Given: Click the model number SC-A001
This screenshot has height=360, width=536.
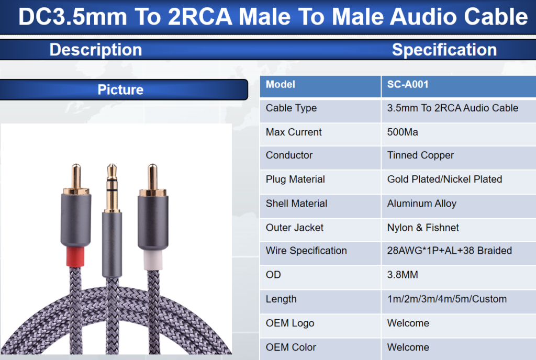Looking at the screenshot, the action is [407, 84].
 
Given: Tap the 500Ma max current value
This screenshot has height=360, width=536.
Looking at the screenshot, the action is [403, 132].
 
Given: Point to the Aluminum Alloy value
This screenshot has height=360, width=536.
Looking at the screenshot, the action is [422, 204].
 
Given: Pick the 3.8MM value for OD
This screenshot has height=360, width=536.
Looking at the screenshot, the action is [403, 275].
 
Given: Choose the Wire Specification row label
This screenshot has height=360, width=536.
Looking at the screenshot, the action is [306, 251].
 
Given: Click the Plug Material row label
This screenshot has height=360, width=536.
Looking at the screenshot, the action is [295, 179].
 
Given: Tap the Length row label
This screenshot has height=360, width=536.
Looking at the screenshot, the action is [281, 299].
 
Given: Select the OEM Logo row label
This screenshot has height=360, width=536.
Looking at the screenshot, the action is [290, 323].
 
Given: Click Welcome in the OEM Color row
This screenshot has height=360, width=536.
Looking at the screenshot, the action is [408, 347].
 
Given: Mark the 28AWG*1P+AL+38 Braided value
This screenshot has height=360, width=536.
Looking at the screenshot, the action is [450, 251].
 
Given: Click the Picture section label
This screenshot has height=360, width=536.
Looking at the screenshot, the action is [121, 90].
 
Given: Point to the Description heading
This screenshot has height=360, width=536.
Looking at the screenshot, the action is [96, 50].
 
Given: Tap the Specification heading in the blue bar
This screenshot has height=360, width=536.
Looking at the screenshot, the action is [444, 50].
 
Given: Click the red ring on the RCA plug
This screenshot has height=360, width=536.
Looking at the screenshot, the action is [75, 256].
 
